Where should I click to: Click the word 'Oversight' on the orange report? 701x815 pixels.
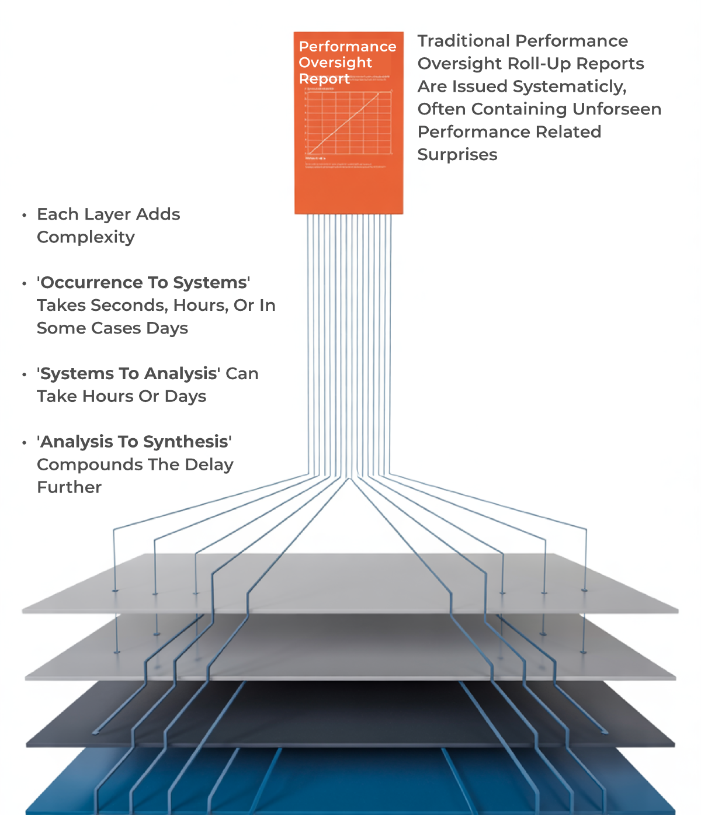tap(335, 63)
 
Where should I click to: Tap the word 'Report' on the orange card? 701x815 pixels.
tap(324, 78)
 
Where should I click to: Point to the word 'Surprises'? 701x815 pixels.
tap(457, 155)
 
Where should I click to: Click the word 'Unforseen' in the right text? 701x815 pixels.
tap(617, 109)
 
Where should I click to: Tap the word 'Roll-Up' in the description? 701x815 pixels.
tap(541, 64)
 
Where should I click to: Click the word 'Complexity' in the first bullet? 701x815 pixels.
tap(86, 237)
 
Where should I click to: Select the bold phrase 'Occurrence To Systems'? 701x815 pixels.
tap(144, 283)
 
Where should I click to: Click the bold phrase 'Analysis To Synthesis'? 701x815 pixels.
tap(134, 442)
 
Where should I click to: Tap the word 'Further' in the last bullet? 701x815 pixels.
tap(69, 487)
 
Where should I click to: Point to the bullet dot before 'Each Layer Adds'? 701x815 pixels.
tap(25, 215)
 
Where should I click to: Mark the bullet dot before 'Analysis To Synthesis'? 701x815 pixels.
tap(25, 442)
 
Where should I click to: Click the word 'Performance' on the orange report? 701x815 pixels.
tap(348, 47)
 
